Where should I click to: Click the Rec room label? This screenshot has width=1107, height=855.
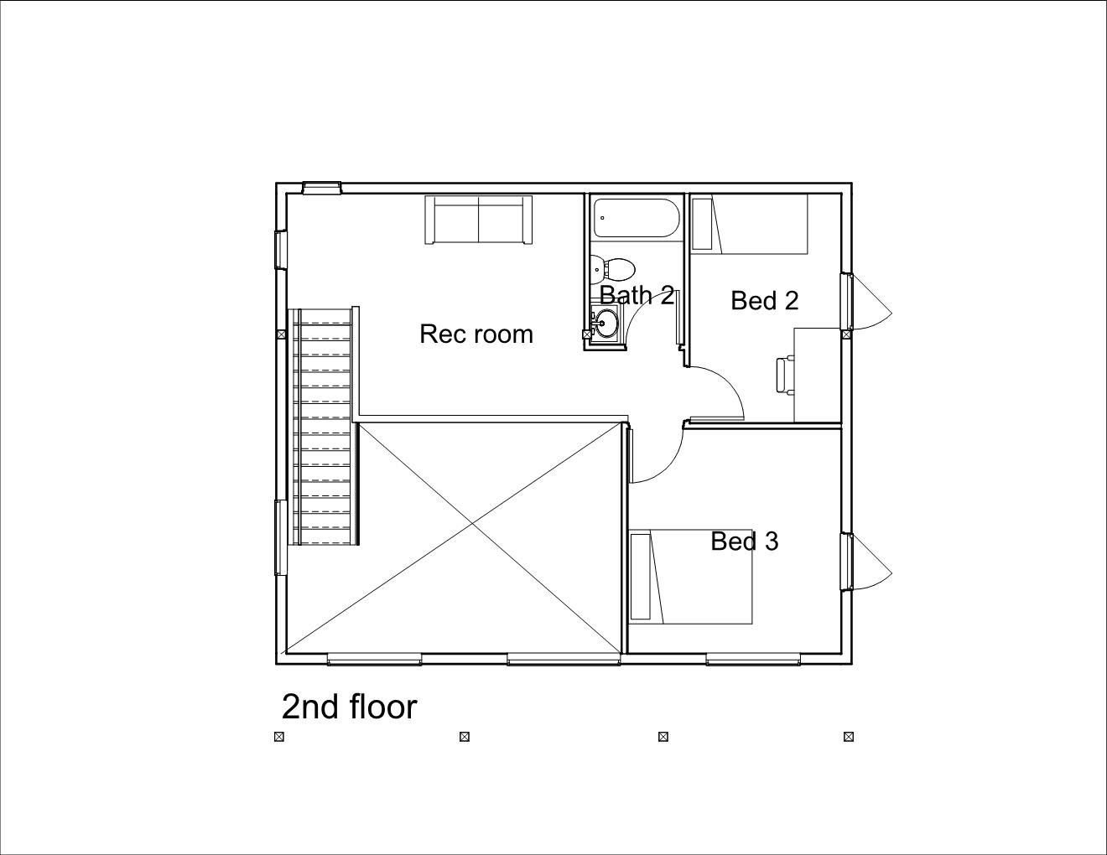pos(476,334)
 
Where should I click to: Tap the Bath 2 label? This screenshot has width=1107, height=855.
pos(637,295)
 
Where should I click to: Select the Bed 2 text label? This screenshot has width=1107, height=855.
pos(764,300)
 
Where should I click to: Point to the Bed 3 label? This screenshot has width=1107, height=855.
pos(745,541)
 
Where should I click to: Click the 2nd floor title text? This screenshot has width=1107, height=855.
pos(349,707)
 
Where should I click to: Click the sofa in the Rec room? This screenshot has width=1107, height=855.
pos(478,220)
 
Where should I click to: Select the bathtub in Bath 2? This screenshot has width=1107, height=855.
pos(635,218)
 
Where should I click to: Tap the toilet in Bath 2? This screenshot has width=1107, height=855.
pos(614,269)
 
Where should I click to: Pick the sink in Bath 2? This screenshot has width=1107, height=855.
pos(605,322)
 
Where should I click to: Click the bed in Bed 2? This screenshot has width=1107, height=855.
pos(748,224)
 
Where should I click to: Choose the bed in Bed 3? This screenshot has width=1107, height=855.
pos(691,577)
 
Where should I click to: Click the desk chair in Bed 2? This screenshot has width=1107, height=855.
pos(784,374)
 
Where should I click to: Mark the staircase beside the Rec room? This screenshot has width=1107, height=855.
pos(324,426)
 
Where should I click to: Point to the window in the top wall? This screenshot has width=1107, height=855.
pos(322,188)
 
